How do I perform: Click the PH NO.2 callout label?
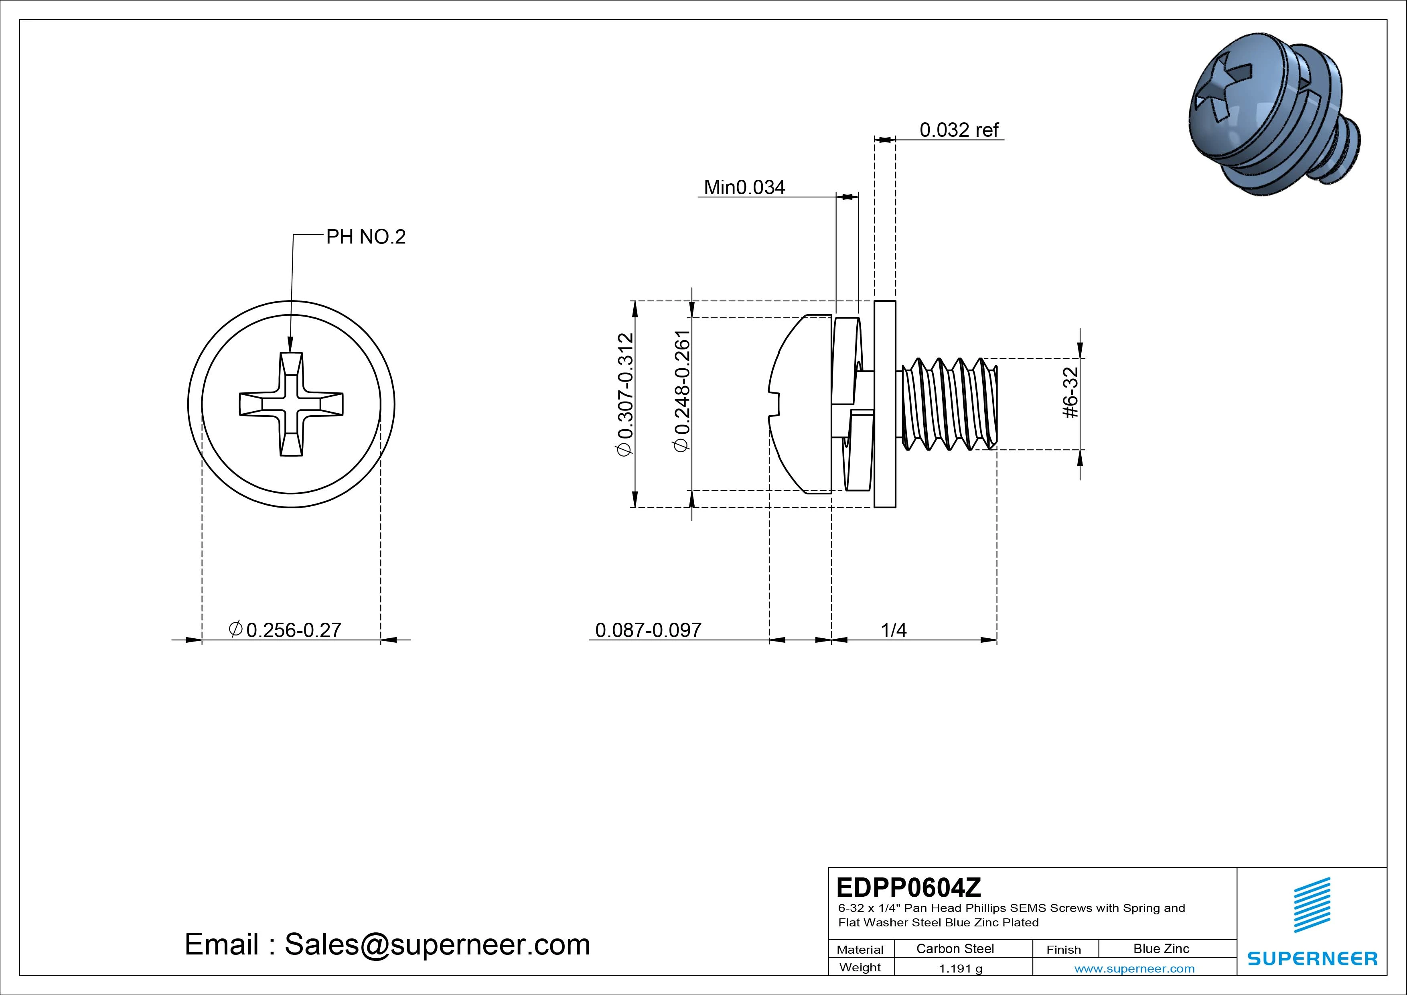[365, 237]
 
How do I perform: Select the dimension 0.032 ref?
[959, 130]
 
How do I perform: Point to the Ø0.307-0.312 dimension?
[625, 394]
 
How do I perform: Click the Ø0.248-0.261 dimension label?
[682, 391]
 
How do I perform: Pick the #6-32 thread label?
[1069, 392]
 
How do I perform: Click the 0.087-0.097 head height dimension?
[648, 629]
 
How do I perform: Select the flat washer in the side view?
[884, 404]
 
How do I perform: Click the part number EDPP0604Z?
[908, 887]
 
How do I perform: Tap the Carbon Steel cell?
[955, 948]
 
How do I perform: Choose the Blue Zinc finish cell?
[1161, 948]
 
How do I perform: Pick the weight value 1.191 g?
[960, 969]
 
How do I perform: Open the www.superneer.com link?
[1134, 969]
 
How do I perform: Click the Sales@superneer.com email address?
[437, 944]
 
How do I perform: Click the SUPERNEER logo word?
[1312, 958]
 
